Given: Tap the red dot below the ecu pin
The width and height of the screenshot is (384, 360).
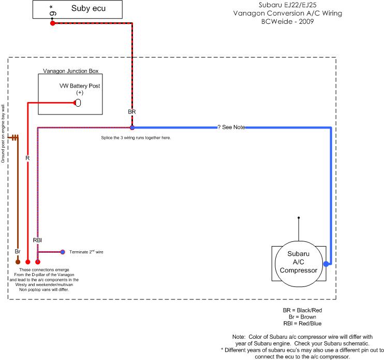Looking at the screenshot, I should pyautogui.click(x=53, y=23).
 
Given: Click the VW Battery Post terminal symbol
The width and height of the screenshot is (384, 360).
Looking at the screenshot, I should pyautogui.click(x=79, y=103).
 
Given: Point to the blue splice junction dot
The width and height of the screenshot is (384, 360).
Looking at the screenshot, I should pyautogui.click(x=132, y=127).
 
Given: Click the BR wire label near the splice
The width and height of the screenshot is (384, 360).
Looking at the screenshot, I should pyautogui.click(x=131, y=111).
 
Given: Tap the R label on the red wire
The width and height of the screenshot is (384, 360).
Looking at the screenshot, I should pyautogui.click(x=27, y=157).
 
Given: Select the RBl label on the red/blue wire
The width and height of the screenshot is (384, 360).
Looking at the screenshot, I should pyautogui.click(x=37, y=240).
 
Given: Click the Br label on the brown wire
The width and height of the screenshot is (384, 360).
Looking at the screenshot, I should pyautogui.click(x=18, y=251).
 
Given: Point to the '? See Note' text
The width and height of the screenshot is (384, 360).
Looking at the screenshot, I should pyautogui.click(x=231, y=127).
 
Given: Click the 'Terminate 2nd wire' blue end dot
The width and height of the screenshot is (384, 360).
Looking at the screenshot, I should pyautogui.click(x=62, y=252).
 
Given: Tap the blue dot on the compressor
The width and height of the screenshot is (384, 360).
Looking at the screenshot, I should pyautogui.click(x=326, y=264).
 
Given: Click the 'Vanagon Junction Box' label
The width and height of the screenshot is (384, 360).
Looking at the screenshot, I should pyautogui.click(x=70, y=70).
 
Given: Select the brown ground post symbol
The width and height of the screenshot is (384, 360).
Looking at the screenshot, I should pyautogui.click(x=14, y=137).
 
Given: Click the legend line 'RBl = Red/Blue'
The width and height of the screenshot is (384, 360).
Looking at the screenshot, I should pyautogui.click(x=302, y=324).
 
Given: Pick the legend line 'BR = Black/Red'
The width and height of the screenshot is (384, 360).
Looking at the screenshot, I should pyautogui.click(x=303, y=310).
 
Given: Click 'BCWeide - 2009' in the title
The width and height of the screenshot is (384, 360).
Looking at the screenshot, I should pyautogui.click(x=287, y=22).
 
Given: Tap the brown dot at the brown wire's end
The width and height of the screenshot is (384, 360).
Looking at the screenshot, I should pyautogui.click(x=18, y=262).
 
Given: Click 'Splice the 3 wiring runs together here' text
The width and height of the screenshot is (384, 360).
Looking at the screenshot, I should pyautogui.click(x=136, y=138).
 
